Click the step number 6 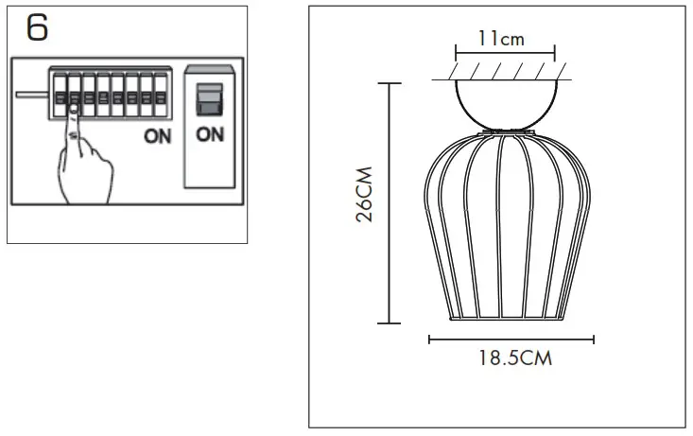point(37,28)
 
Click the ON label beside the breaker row point(158,136)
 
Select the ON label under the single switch point(210,134)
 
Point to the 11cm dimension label point(501,39)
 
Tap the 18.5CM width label point(511,359)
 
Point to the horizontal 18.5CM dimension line point(511,339)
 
